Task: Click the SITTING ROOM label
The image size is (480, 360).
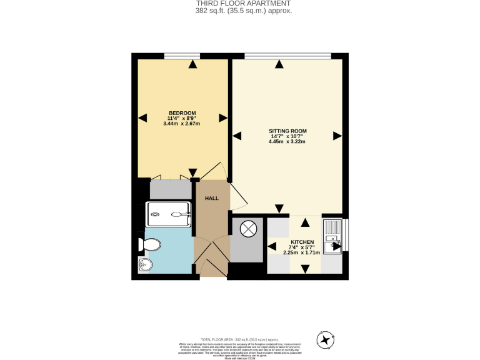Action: pyautogui.click(x=287, y=131)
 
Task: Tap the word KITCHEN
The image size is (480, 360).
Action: pyautogui.click(x=302, y=242)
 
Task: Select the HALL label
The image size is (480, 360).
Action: pyautogui.click(x=212, y=198)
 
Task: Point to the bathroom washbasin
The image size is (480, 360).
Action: pyautogui.click(x=145, y=265)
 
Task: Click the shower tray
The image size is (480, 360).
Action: pyautogui.click(x=169, y=214)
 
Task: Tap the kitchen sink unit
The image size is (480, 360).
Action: pyautogui.click(x=332, y=235)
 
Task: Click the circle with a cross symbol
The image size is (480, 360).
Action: pyautogui.click(x=249, y=229)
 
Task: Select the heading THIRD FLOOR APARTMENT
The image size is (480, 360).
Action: pyautogui.click(x=243, y=4)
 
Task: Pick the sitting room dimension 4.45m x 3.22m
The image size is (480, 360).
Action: pyautogui.click(x=287, y=142)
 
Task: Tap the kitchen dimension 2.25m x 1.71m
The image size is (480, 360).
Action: pyautogui.click(x=302, y=252)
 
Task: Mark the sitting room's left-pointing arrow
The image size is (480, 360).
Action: pyautogui.click(x=236, y=136)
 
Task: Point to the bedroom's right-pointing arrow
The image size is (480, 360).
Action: pyautogui.click(x=222, y=117)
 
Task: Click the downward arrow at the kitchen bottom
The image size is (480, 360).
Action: pyautogui.click(x=305, y=269)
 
